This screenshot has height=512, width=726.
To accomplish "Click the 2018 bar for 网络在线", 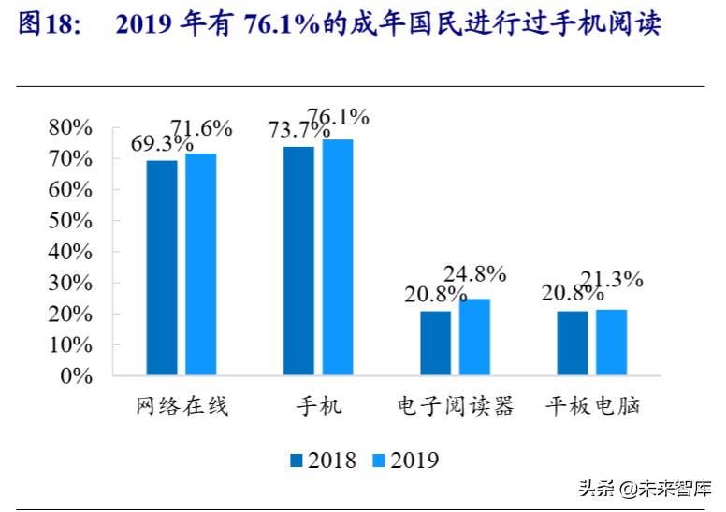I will coord(161,268).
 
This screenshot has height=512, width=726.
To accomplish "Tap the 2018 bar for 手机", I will coord(298,261).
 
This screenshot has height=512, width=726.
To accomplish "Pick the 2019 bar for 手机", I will coord(338,257).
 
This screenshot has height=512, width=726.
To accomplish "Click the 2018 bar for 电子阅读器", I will coord(435,343).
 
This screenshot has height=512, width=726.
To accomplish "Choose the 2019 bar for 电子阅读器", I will coord(474,337).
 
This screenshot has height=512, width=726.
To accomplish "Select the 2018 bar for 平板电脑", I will coord(573,343).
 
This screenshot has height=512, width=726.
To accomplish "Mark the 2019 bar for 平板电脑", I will coord(611,342).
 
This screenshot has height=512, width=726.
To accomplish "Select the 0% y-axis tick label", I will coord(76,376).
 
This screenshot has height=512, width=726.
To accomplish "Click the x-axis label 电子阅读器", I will coord(455,407).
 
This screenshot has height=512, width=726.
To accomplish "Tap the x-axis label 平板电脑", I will coord(592,407).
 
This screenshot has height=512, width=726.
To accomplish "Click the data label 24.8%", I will coord(475,274).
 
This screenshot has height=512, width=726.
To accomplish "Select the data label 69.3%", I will coord(162,144).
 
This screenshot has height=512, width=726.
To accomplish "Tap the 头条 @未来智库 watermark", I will coord(645,488).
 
